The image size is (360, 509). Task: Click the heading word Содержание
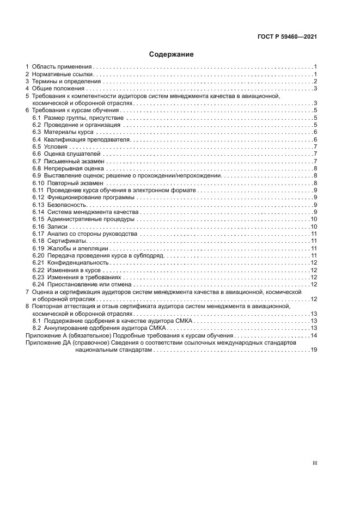tap(172, 54)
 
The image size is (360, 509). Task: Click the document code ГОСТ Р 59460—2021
tap(287, 37)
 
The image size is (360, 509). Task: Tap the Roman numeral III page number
tap(315, 463)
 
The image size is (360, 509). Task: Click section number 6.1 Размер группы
tap(37, 118)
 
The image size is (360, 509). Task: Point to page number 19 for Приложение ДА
tap(314, 350)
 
